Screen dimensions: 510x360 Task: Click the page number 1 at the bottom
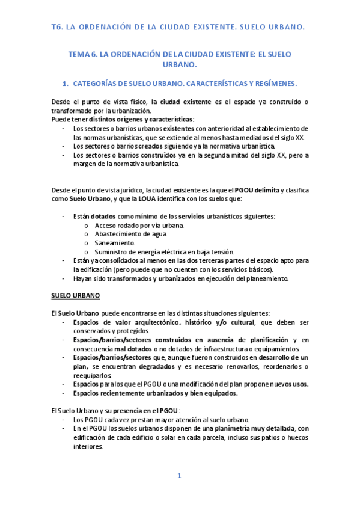(179, 476)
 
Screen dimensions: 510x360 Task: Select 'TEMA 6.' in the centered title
(84, 54)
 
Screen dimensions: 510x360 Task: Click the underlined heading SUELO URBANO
(75, 296)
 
